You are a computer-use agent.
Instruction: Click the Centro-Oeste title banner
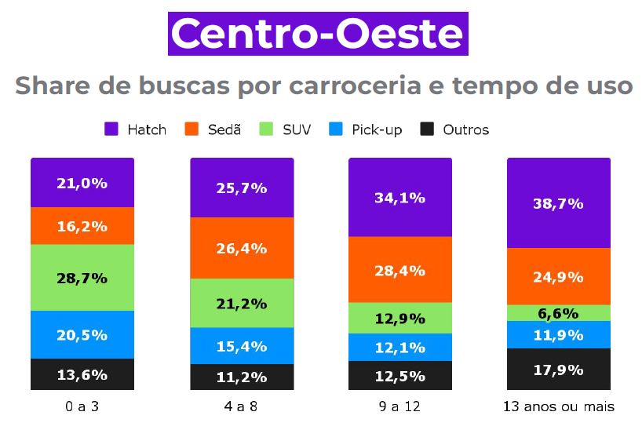(317, 34)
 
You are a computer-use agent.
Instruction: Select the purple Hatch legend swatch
(111, 129)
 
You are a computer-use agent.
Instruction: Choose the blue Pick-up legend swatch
(336, 129)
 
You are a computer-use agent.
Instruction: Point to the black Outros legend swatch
(428, 129)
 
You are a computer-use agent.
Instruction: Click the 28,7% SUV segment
(82, 278)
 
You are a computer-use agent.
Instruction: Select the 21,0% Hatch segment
(82, 183)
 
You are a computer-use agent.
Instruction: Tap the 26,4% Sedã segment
(242, 248)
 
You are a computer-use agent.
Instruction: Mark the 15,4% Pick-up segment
(242, 346)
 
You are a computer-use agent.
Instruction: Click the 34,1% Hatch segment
(400, 198)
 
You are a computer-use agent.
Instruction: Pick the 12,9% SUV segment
(400, 318)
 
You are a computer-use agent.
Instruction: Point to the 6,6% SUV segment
(559, 313)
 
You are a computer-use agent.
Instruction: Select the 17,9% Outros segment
(559, 369)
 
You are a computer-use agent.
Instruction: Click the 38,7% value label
(559, 203)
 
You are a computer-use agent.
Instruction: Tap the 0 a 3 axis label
(82, 407)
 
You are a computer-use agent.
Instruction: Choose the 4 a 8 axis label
(242, 407)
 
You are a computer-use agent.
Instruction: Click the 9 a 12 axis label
(400, 407)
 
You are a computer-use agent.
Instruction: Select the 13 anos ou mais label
(559, 407)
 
